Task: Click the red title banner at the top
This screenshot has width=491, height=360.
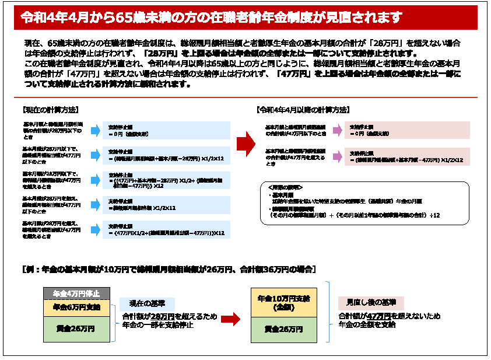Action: coord(246,18)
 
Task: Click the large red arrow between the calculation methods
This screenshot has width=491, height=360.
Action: coord(246,144)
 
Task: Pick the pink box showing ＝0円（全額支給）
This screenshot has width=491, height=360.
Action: coord(408,130)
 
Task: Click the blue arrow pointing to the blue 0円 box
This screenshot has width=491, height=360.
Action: coord(95,130)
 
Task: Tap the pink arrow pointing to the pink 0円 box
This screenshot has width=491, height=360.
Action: coord(337,130)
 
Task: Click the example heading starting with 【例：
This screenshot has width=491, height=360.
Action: coord(169,270)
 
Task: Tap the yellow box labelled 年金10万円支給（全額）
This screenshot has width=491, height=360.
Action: coord(283,302)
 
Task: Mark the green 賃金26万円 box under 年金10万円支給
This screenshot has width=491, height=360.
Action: coord(283,330)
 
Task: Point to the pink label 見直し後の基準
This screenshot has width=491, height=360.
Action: coord(367,303)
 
